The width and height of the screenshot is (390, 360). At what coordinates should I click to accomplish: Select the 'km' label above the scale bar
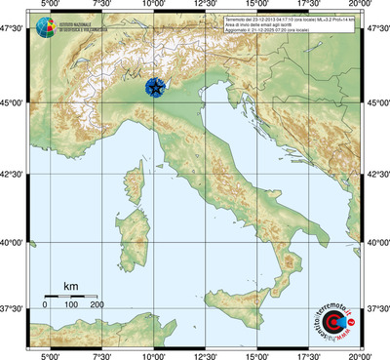point(70,286)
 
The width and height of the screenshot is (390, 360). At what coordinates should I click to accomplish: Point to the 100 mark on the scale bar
point(71,305)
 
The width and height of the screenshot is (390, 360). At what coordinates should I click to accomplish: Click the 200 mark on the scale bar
point(97,305)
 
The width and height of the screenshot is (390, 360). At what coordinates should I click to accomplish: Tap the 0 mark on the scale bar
point(45,305)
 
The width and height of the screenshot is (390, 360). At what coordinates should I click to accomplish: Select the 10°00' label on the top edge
point(153,6)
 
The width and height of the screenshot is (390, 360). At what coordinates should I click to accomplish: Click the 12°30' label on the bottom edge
point(205,355)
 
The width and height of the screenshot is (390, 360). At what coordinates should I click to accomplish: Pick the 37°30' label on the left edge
point(14,308)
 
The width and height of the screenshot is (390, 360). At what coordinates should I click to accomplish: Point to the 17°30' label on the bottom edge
point(309,355)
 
